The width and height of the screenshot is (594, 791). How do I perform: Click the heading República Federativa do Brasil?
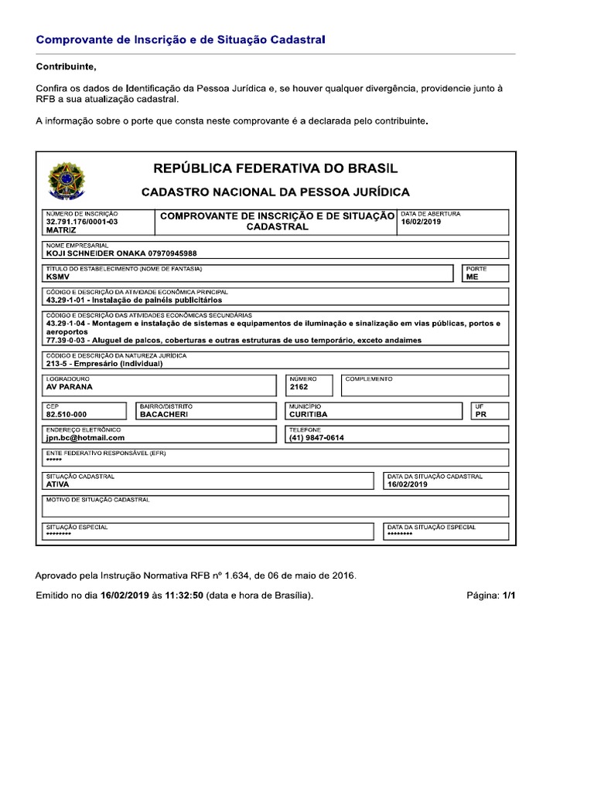275,168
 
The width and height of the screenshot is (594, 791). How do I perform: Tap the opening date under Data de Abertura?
420,221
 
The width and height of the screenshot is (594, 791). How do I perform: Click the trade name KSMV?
58,276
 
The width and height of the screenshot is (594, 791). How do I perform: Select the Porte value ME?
472,276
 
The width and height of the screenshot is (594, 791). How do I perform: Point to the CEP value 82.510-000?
67,414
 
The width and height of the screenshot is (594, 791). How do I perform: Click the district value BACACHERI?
164,414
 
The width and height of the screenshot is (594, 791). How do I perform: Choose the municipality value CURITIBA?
308,414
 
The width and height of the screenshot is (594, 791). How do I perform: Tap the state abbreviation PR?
481,414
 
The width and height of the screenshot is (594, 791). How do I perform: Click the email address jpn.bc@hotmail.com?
85,437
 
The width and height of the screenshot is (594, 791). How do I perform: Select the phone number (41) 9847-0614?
316,437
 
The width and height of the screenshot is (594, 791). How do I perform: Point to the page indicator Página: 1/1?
490,596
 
